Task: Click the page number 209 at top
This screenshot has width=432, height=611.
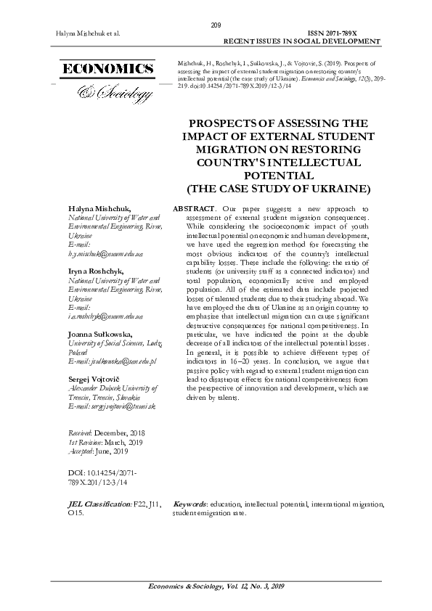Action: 216,25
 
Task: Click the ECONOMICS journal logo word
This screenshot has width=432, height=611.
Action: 108,70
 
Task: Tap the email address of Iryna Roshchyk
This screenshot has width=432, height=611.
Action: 105,316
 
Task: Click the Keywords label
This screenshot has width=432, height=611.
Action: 189,503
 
